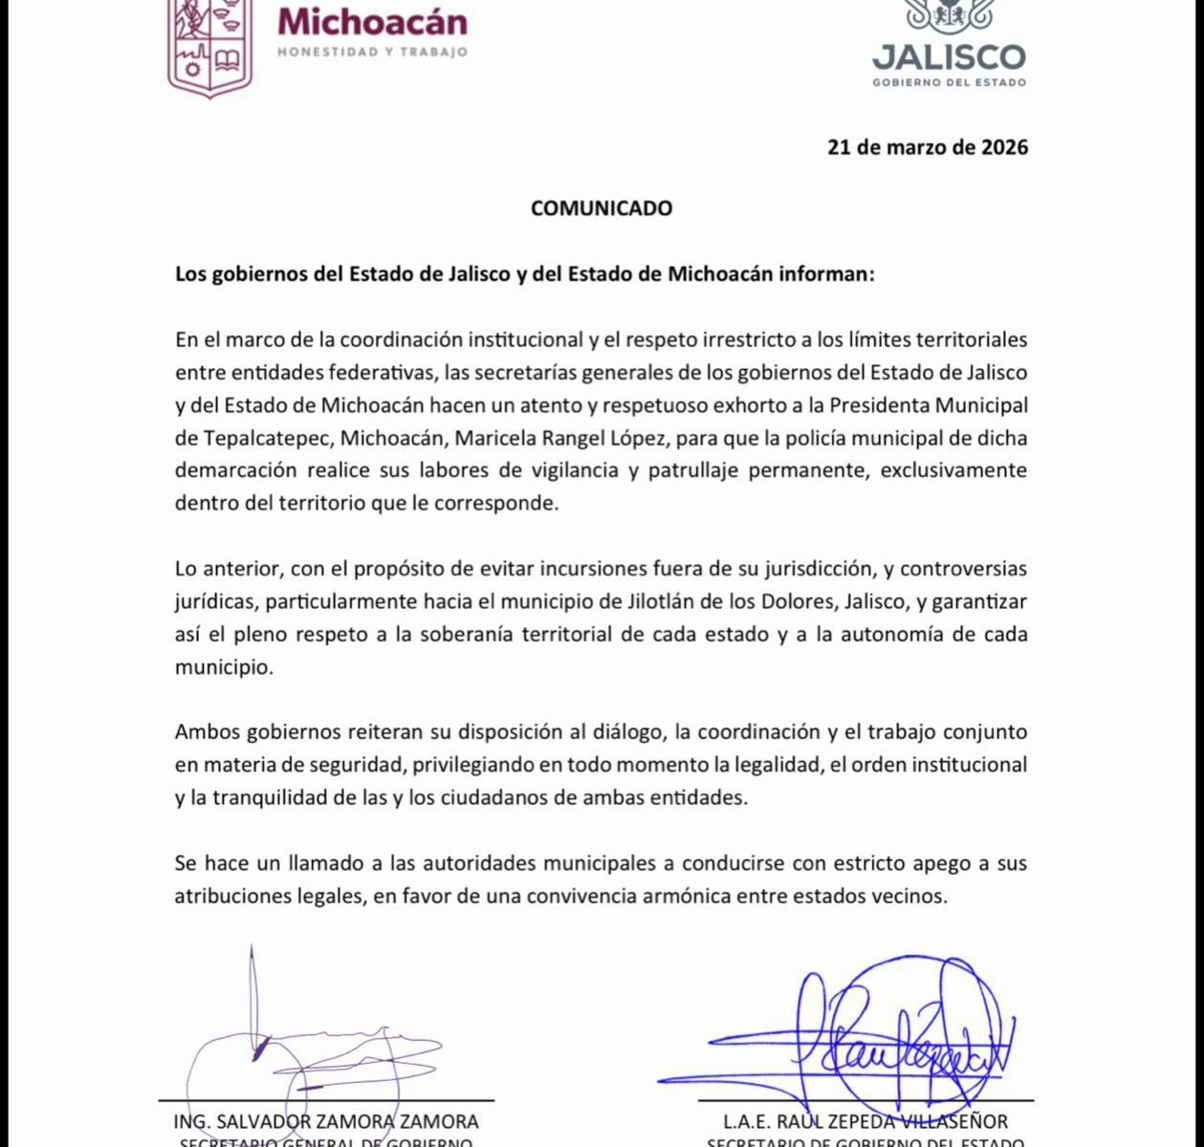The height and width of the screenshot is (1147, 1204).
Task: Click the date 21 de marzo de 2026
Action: pyautogui.click(x=928, y=147)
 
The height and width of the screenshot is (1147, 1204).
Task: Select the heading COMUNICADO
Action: pyautogui.click(x=602, y=207)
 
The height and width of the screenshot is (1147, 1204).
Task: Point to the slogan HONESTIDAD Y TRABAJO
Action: pyautogui.click(x=372, y=52)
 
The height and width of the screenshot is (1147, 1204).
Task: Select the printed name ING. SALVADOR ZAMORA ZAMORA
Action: pyautogui.click(x=326, y=1121)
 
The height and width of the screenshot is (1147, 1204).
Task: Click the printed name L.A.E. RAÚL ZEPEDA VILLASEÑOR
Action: pyautogui.click(x=866, y=1121)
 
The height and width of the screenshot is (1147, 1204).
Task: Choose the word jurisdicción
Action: pyautogui.click(x=816, y=569)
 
